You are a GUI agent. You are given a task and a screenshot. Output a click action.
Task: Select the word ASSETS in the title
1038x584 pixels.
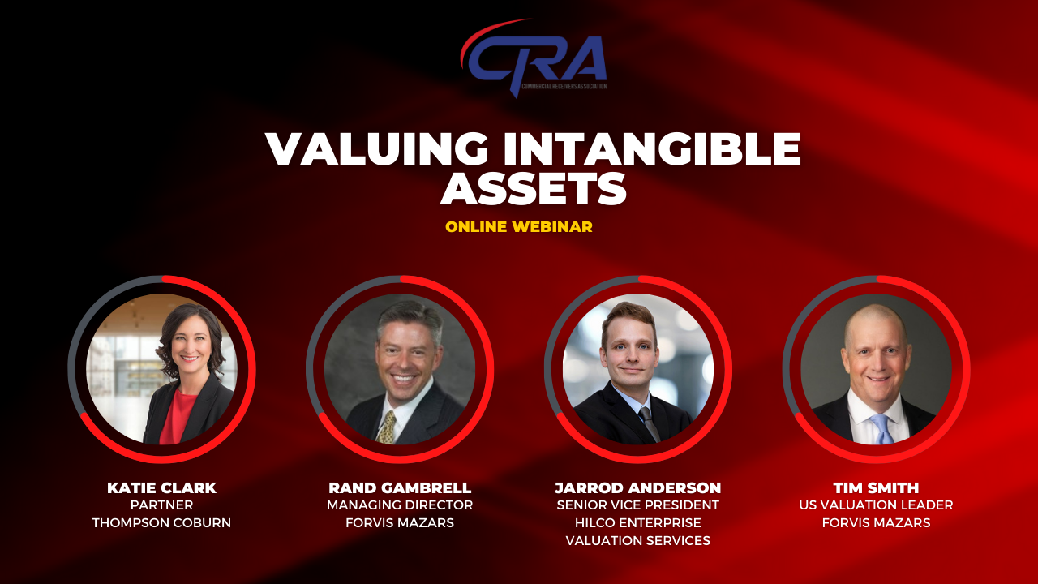click(534, 189)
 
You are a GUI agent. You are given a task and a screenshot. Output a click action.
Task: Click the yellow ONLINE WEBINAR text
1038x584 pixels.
click(519, 226)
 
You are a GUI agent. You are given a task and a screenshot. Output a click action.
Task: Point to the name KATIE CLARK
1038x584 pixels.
click(161, 487)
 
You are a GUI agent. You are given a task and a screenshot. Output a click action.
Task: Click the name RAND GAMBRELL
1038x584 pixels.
click(400, 487)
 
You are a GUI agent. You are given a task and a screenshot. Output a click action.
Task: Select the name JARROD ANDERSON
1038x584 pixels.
click(638, 487)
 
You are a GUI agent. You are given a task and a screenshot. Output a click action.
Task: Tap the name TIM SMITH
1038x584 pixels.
click(877, 487)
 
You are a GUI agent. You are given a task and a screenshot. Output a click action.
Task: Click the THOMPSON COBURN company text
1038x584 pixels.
click(161, 523)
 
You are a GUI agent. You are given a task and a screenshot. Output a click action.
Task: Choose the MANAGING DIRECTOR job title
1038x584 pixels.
click(400, 505)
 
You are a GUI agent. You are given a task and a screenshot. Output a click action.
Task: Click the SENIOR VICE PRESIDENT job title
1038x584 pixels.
click(638, 505)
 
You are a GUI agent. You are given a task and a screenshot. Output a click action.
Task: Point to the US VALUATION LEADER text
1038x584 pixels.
click(877, 505)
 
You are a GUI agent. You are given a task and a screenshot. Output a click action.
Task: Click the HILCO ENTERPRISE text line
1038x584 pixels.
click(638, 523)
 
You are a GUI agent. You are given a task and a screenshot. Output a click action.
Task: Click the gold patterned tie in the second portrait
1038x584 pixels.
click(386, 427)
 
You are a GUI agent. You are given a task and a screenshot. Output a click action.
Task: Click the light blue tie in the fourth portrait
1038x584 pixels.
click(881, 429)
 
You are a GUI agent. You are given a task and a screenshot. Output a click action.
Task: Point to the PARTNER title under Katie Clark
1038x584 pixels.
click(161, 505)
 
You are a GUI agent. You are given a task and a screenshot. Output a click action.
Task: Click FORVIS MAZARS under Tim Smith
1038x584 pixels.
click(877, 523)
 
